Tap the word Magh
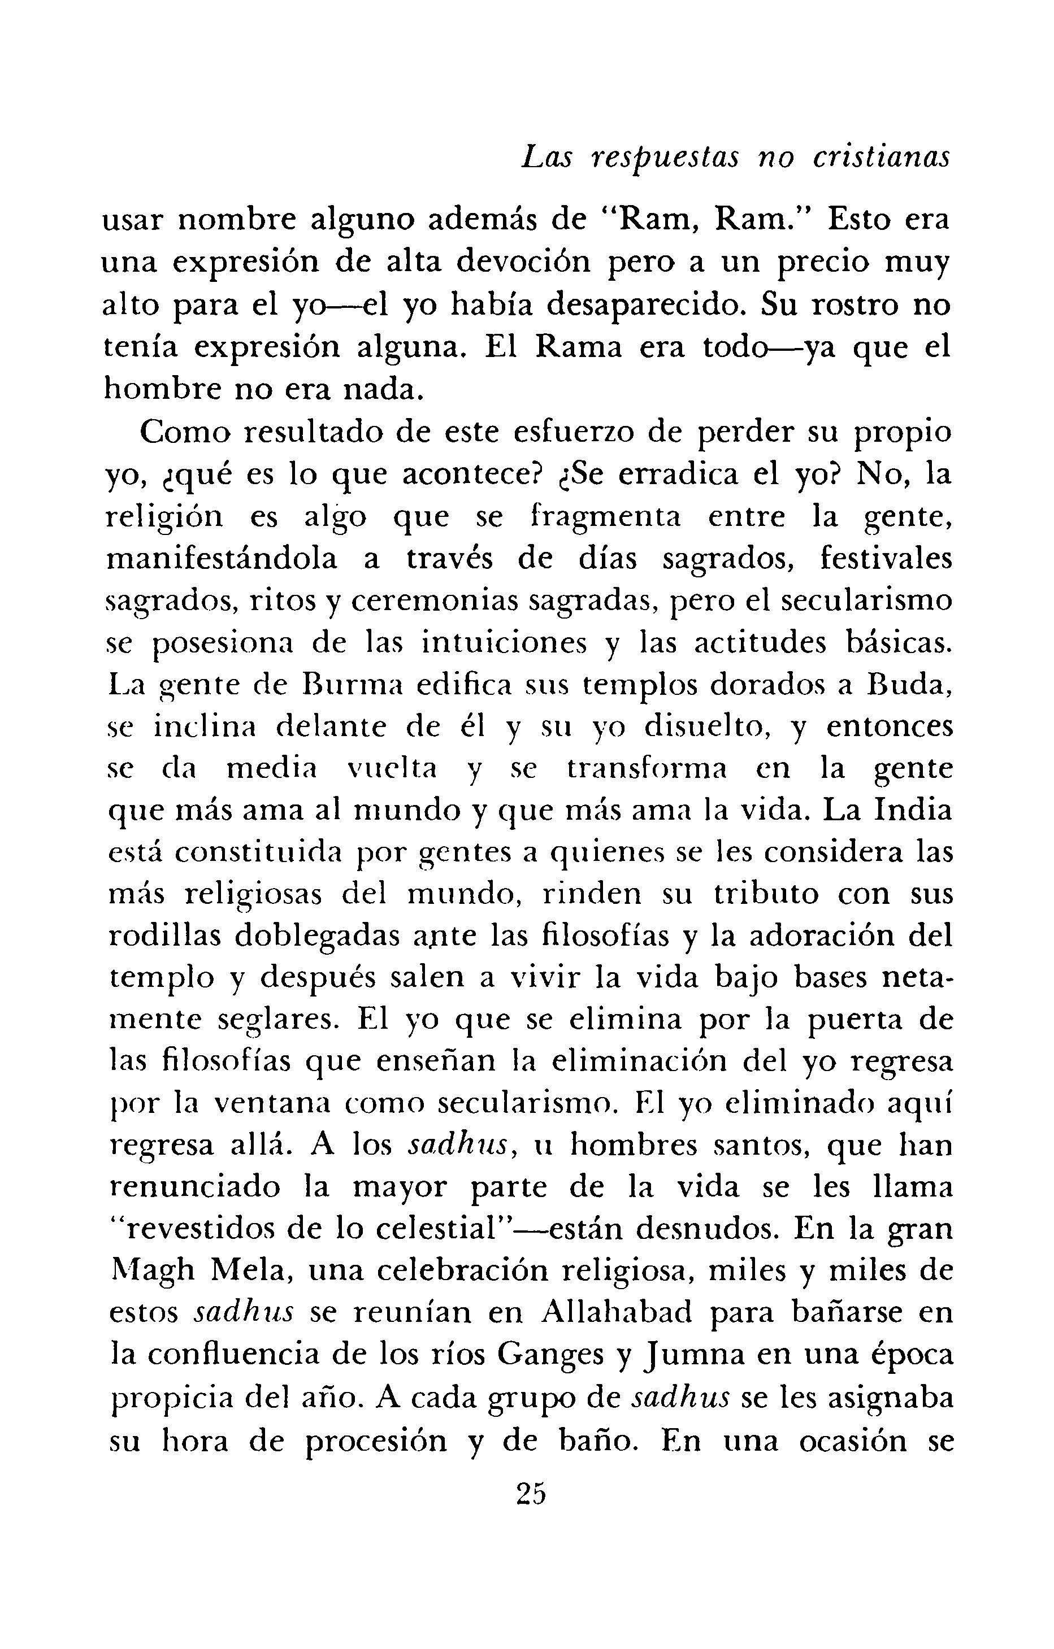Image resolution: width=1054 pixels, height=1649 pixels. coord(153,1271)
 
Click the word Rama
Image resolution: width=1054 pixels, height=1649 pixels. coord(578,348)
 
